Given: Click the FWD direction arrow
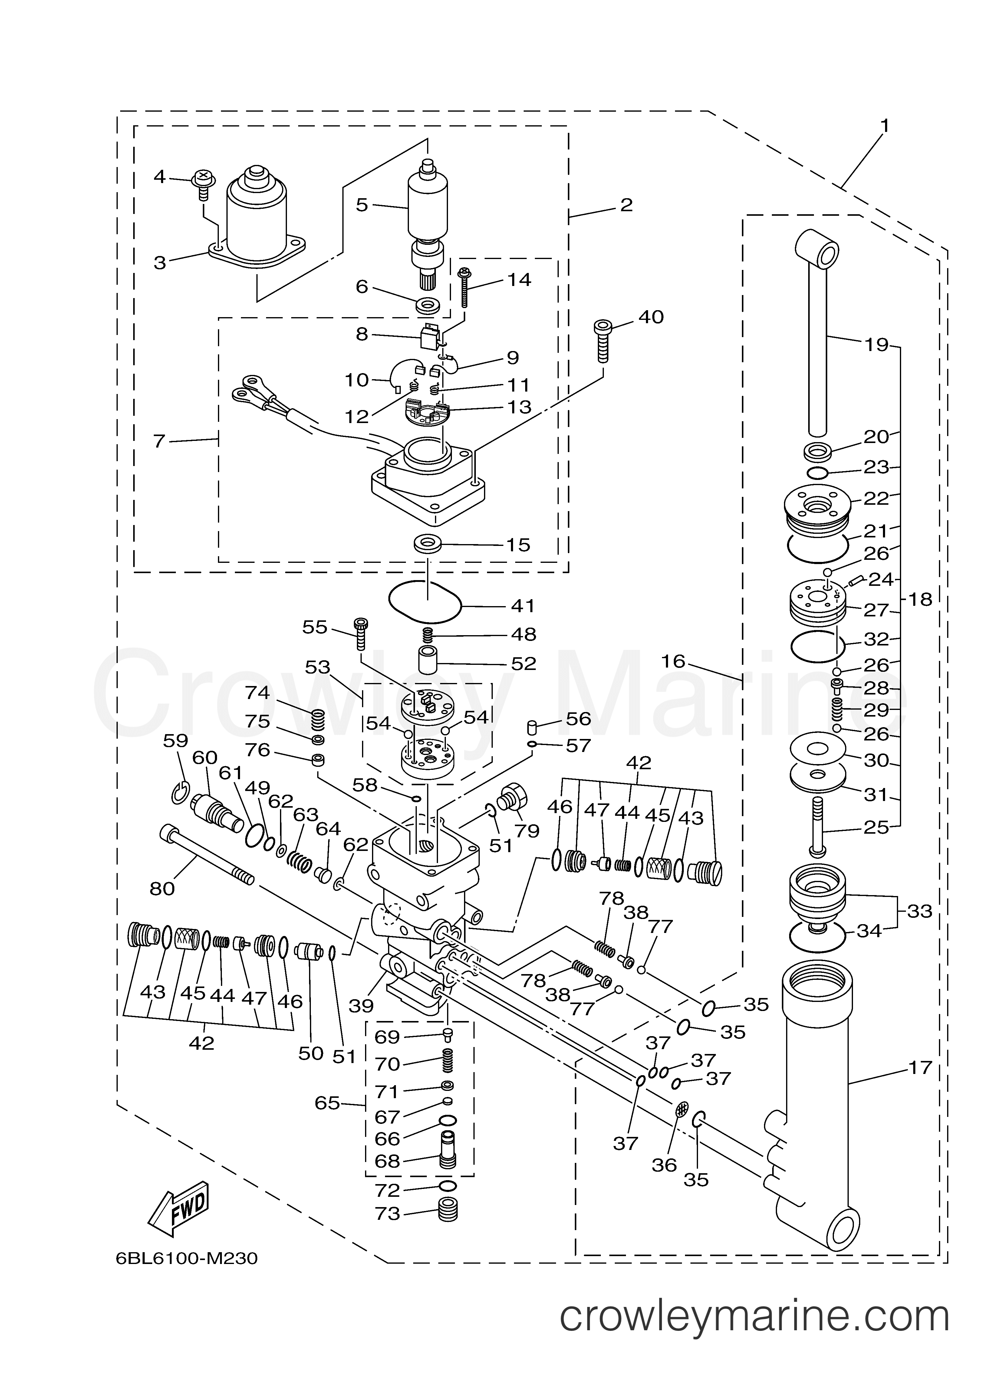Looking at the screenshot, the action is pos(178,1208).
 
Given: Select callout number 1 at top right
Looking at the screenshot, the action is pos(884,126).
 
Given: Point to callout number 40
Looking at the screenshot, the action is pos(651,317).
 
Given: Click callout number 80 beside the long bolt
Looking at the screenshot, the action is pos(162,889).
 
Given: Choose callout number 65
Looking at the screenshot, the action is pos(327,1103).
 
